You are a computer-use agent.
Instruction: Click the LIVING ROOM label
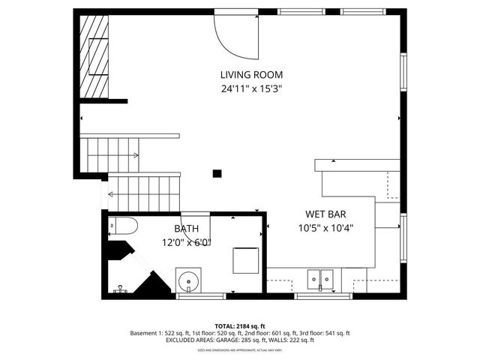[251, 74]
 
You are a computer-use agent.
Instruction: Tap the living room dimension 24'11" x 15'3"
[251, 88]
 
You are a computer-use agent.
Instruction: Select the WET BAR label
[325, 214]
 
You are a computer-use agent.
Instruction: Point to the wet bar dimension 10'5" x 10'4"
[325, 228]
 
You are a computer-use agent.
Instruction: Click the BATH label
[187, 229]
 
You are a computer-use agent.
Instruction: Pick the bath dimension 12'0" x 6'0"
[187, 241]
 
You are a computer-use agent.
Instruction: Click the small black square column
[217, 173]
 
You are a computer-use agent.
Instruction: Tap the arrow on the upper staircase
[135, 155]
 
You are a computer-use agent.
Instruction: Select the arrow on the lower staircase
[111, 194]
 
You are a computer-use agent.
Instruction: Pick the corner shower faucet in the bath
[119, 288]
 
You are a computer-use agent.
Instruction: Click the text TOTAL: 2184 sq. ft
[240, 325]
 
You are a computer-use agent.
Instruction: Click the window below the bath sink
[200, 296]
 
